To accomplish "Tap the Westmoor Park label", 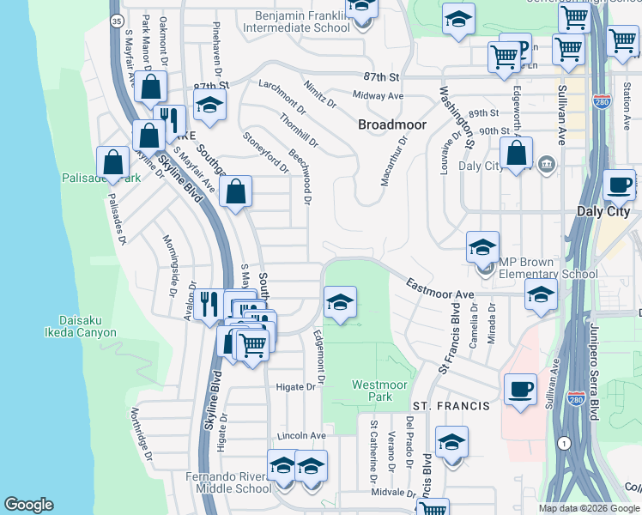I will tap(378, 391).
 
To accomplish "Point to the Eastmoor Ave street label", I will tap(439, 288).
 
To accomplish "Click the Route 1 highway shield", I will tap(563, 443).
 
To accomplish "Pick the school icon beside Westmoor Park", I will tap(341, 302).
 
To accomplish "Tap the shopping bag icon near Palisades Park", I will tap(113, 161).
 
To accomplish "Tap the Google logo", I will tap(29, 505).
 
